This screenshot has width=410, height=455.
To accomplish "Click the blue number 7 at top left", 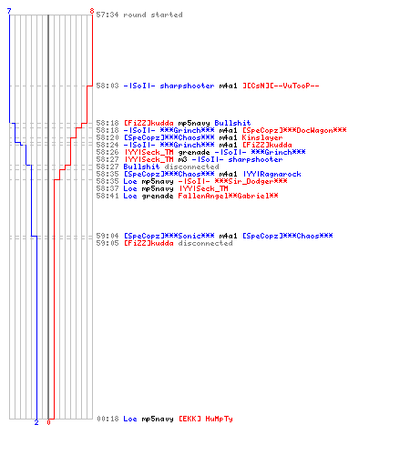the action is [9, 11].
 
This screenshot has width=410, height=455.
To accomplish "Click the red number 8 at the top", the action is [92, 11].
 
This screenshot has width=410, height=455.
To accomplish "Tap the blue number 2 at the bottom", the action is [36, 422].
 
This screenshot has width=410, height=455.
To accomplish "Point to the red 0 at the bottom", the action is [48, 422].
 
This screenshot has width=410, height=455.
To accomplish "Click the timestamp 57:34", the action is [108, 15].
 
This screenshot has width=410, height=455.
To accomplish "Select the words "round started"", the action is [153, 15].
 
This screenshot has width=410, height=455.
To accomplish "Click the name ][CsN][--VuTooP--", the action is [281, 86].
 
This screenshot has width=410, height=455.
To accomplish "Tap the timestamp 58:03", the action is [108, 86].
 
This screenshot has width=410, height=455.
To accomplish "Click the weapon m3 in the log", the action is [182, 159].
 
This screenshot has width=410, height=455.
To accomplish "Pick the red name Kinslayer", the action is [262, 137].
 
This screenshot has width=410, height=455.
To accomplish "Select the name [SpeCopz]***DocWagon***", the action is [294, 130].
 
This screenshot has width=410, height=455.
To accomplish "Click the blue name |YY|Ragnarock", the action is [272, 174].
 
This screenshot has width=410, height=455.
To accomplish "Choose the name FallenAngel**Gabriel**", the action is [228, 196].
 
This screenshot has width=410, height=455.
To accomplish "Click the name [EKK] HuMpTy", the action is [206, 419].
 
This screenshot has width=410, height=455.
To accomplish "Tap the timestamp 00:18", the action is [108, 419].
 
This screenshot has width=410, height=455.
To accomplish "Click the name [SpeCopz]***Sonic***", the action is [169, 236].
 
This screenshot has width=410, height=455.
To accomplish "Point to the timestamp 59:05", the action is [108, 243].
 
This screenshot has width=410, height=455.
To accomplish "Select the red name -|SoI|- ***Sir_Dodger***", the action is [232, 181].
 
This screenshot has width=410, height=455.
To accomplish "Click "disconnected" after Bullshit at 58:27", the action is [191, 167].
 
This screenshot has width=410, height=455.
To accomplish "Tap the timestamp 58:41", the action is [108, 196].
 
